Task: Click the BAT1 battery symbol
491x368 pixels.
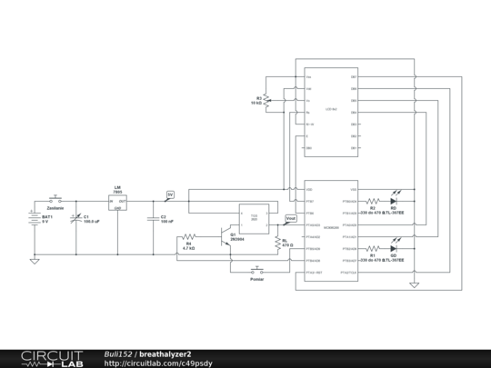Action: coord(35,220)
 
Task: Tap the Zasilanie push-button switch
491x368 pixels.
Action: coord(55,197)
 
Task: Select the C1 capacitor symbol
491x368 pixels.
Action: coord(76,219)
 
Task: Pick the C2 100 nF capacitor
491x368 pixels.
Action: coord(152,218)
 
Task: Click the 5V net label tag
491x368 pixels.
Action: coord(169,194)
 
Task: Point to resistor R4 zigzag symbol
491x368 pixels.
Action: coord(189,236)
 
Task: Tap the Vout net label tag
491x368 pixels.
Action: coord(290,219)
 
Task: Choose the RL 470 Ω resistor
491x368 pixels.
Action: coord(276,241)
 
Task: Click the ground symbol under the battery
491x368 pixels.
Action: coord(35,261)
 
